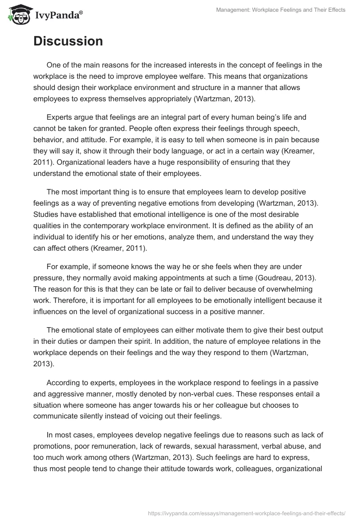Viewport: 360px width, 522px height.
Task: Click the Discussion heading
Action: click(x=68, y=41)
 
